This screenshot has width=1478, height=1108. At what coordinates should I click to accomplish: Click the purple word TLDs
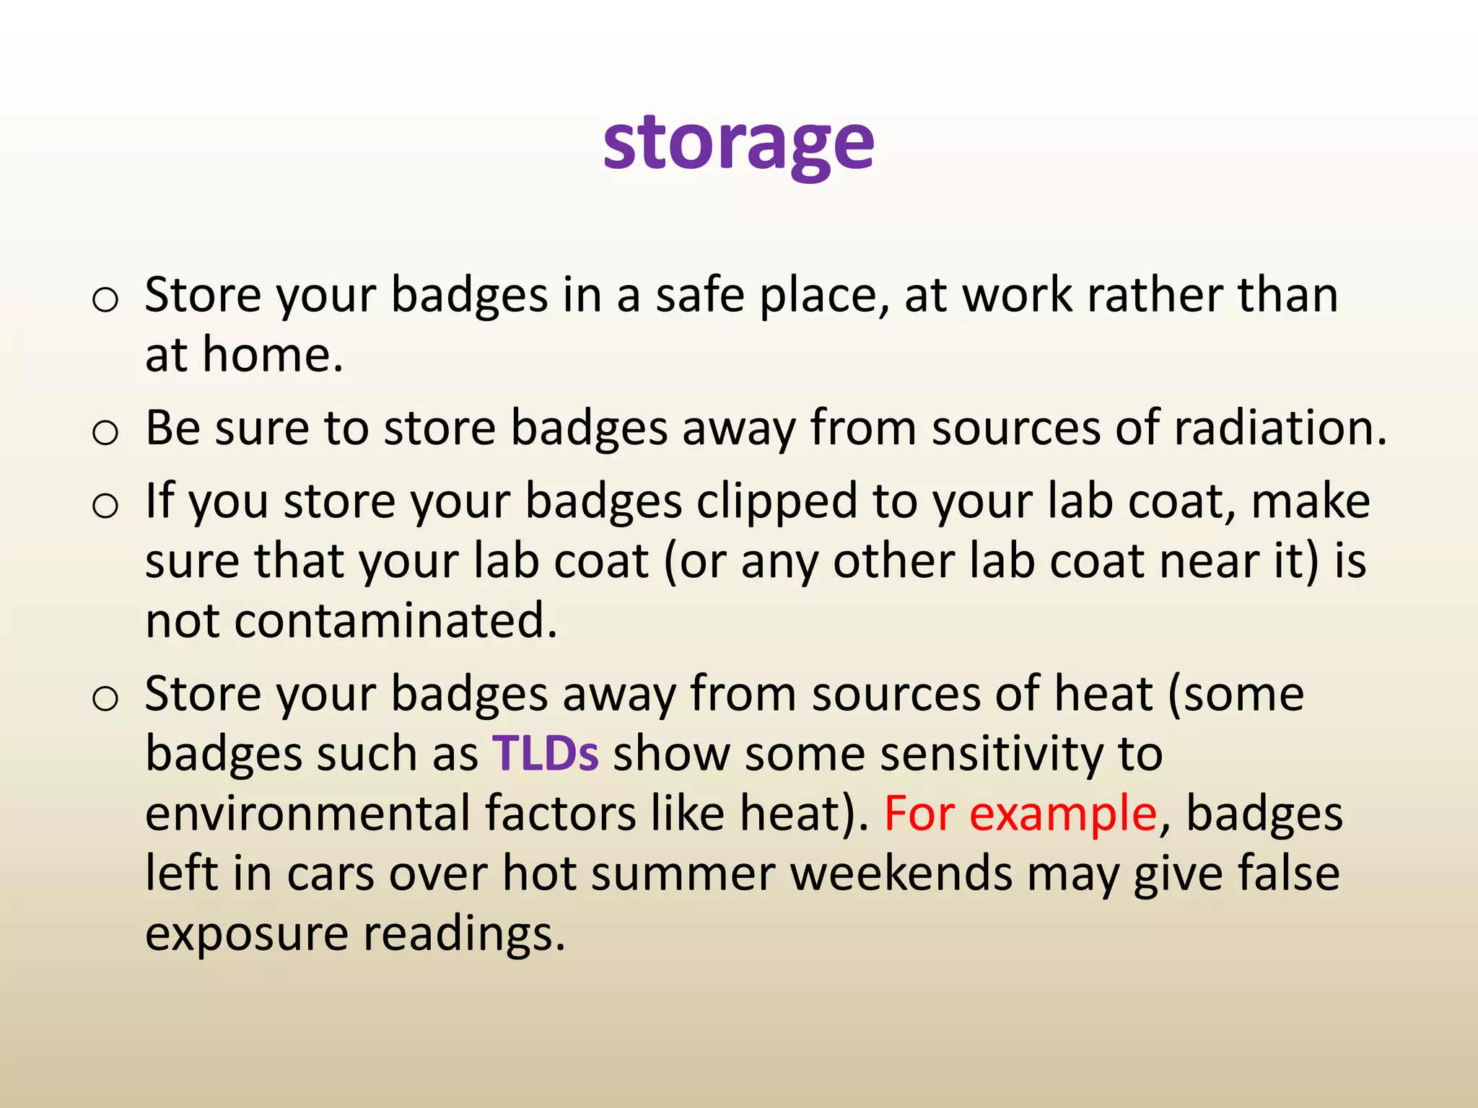click(545, 753)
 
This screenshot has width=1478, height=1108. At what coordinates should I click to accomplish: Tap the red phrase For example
click(1020, 814)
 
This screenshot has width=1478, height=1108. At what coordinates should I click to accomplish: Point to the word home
click(271, 355)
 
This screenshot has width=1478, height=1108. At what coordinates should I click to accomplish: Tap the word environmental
click(307, 814)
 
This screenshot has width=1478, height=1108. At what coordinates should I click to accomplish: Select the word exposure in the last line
click(246, 933)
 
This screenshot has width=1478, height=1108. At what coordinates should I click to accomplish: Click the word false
click(1289, 874)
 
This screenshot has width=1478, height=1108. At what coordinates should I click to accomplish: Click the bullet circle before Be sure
click(105, 433)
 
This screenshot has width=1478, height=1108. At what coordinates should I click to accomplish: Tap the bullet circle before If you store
click(105, 506)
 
